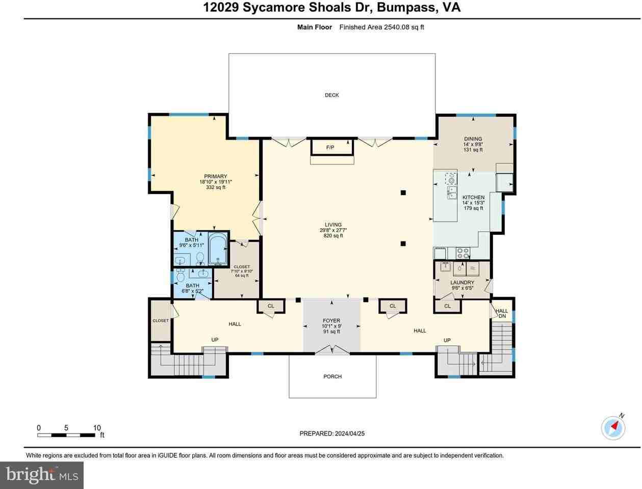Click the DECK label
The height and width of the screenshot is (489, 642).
tap(331, 95)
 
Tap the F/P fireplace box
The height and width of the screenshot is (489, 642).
tap(331, 147)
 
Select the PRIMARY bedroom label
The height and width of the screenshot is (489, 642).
tap(215, 176)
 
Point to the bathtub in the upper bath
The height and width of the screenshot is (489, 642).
tap(218, 249)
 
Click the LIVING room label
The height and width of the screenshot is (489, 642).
tap(333, 225)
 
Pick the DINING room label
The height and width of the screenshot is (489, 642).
tap(473, 139)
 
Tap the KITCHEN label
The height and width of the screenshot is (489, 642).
tap(473, 197)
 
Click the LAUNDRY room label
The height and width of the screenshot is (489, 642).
tap(462, 283)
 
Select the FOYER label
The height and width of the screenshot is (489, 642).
tap(331, 320)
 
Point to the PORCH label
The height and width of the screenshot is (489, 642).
tap(332, 376)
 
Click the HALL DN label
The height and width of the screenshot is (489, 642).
tap(502, 313)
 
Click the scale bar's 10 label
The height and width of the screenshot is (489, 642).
tap(97, 428)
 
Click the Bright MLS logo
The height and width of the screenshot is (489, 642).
tap(42, 475)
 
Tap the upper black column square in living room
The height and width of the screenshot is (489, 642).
tap(403, 193)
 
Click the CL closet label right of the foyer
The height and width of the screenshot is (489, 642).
tap(393, 306)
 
